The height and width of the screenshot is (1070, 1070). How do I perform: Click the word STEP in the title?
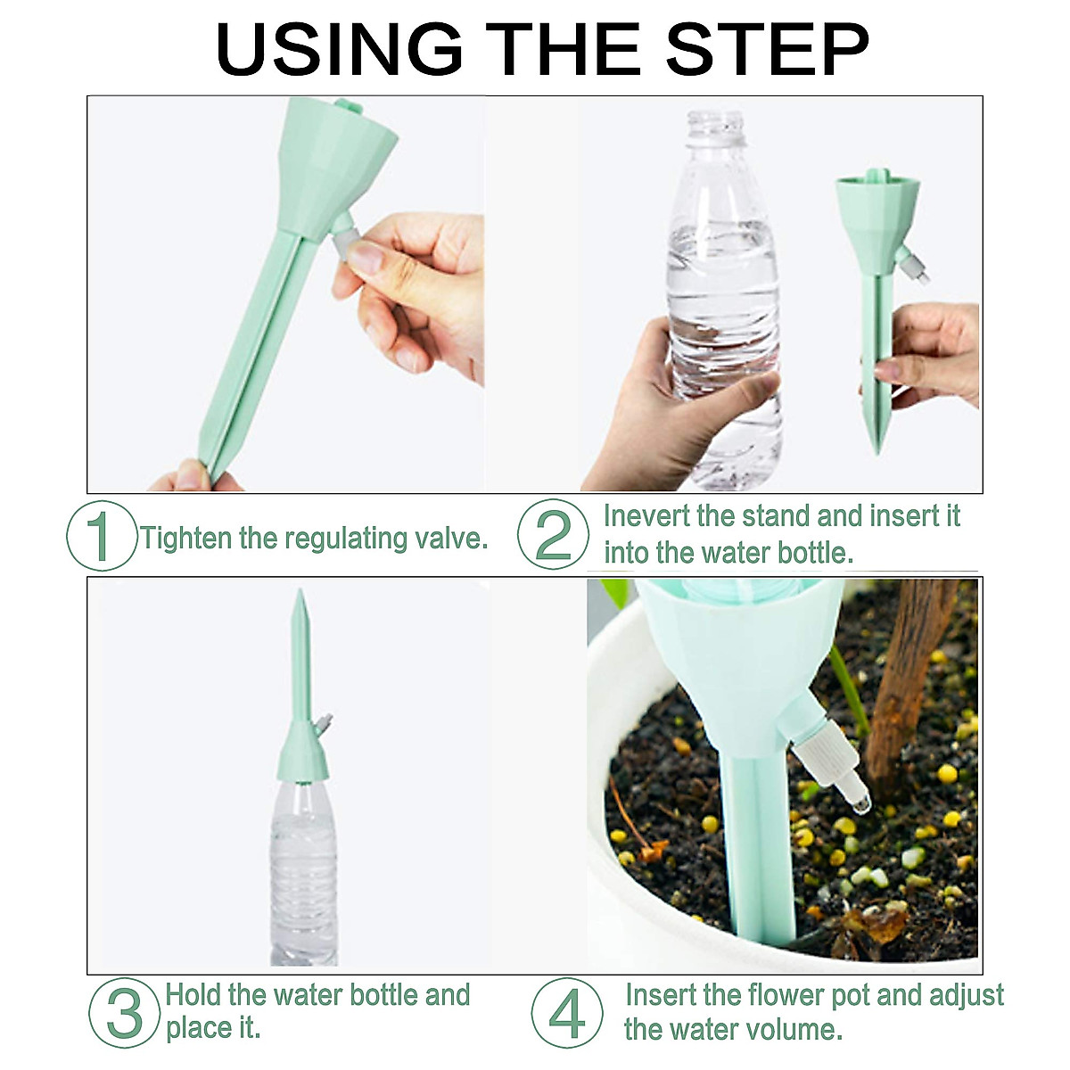coord(767,49)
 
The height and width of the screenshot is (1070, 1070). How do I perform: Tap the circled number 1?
coord(103,536)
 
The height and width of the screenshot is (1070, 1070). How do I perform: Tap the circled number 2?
coord(554,533)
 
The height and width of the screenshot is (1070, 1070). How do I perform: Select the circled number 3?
coord(124,1013)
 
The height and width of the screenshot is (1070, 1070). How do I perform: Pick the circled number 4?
coord(567,1013)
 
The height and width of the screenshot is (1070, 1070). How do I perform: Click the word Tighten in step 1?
coord(186,539)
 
